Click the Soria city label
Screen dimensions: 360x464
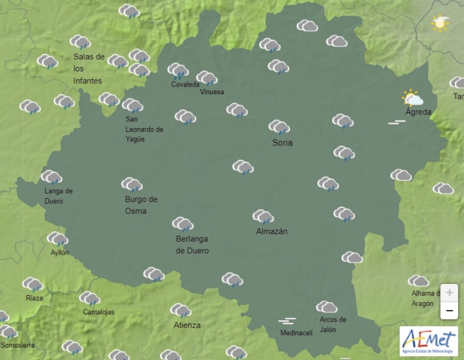tap(283, 142)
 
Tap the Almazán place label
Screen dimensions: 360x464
tap(272, 231)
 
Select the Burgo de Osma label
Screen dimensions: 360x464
tap(141, 205)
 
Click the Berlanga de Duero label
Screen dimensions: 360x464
tap(192, 244)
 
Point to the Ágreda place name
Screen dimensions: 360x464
tap(418, 112)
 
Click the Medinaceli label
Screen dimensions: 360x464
tap(296, 333)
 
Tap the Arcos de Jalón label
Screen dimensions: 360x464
tap(333, 324)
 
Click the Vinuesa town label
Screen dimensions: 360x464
tap(212, 92)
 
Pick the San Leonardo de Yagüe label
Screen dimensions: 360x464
tap(144, 129)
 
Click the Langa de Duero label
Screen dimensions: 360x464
tap(58, 196)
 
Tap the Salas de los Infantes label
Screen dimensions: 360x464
tap(88, 68)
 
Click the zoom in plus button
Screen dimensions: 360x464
tap(449, 292)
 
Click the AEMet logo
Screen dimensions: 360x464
tap(428, 341)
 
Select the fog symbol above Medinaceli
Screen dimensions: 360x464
tap(287, 321)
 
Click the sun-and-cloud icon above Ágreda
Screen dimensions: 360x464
tap(413, 99)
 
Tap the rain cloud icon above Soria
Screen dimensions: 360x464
tap(279, 127)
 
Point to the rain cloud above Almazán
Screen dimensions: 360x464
tap(263, 216)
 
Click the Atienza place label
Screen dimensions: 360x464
tap(187, 325)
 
